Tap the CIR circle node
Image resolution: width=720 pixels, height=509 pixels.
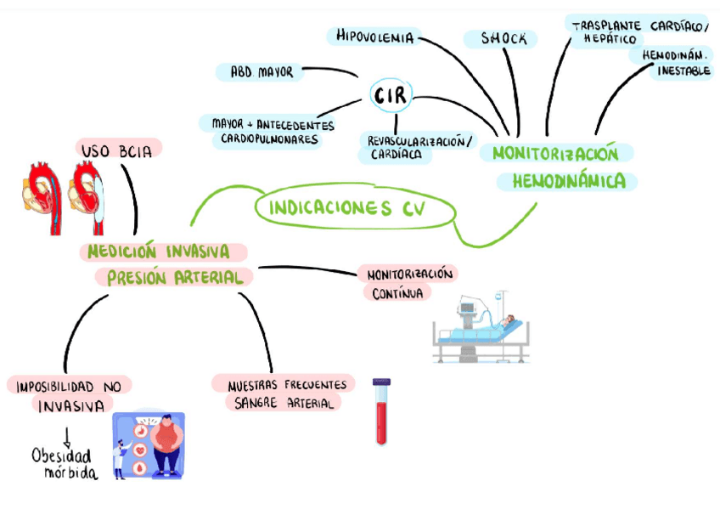391,97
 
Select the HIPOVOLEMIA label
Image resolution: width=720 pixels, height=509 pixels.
374,37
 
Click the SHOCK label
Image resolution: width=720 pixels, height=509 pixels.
503,39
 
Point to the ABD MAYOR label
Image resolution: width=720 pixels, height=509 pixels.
262,72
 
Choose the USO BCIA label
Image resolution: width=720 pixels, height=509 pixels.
117,151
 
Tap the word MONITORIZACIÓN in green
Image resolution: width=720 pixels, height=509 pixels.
555,154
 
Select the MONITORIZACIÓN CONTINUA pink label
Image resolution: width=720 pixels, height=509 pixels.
408,283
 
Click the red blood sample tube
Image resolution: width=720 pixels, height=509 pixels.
382,412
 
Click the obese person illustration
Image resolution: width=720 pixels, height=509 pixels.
166,444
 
